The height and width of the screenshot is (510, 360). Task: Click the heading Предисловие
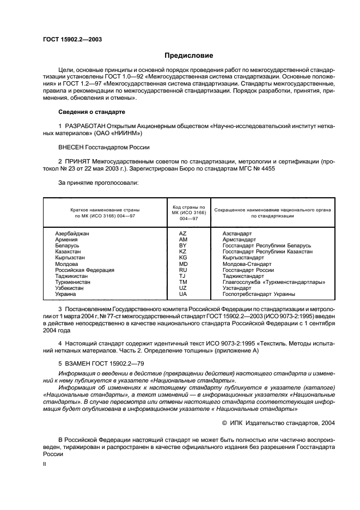(189, 56)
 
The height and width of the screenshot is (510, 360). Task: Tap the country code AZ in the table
(182, 233)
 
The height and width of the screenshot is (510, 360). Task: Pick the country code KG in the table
(182, 257)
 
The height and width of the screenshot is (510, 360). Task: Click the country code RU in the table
(182, 270)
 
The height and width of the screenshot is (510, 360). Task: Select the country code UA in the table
(182, 294)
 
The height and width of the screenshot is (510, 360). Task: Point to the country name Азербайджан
(72, 233)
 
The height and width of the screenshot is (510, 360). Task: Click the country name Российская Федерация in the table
(84, 270)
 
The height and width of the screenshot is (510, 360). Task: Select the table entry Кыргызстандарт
(243, 257)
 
